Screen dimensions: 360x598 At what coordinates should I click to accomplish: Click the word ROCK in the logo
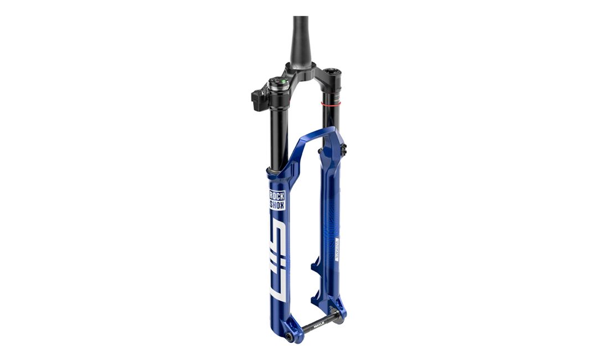coord(277,196)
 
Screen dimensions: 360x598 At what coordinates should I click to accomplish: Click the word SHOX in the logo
coord(277,205)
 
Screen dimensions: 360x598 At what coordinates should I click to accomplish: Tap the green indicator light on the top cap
coord(283,81)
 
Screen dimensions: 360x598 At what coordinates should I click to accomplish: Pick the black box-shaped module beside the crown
coord(260,99)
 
